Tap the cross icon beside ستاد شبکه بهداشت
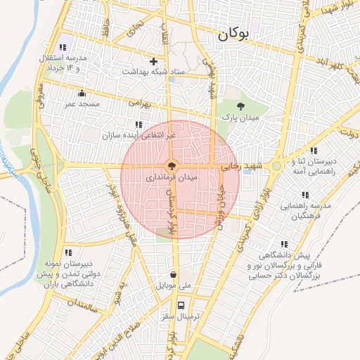[153, 61]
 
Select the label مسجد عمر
[80, 104]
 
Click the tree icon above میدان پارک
[241, 107]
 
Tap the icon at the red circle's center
[172, 167]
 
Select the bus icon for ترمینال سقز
[181, 305]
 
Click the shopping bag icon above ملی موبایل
[174, 275]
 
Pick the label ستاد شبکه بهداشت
[153, 72]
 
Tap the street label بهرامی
[140, 103]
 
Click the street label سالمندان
[82, 304]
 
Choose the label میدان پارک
[238, 117]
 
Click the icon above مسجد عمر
[82, 94]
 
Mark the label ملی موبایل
[174, 286]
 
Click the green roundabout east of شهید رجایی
[277, 167]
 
